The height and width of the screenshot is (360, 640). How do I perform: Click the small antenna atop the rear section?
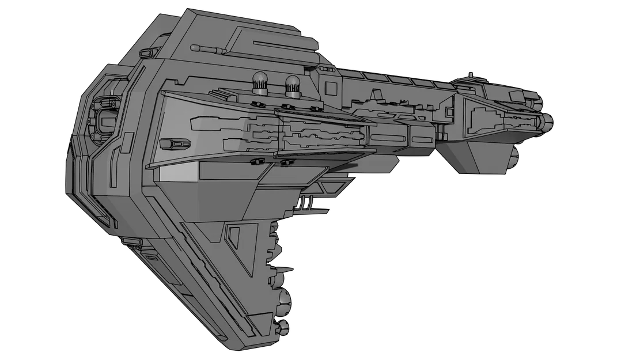tap(471, 74)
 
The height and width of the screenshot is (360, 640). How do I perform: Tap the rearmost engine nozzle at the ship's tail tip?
tap(547, 120)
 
